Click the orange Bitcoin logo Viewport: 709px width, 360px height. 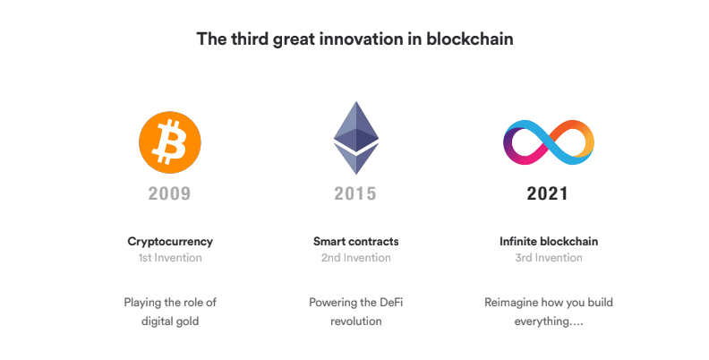pyautogui.click(x=170, y=142)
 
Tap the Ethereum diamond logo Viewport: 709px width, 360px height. pyautogui.click(x=356, y=138)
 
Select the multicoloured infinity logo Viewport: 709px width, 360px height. pyautogui.click(x=549, y=142)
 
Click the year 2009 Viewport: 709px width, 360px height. pyautogui.click(x=169, y=193)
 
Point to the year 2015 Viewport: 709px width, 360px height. pyautogui.click(x=355, y=193)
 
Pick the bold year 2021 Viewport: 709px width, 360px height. pyautogui.click(x=548, y=193)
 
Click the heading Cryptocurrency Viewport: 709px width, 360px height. pyautogui.click(x=170, y=242)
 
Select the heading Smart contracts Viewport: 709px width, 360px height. pyautogui.click(x=356, y=242)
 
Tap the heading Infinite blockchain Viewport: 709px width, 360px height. pyautogui.click(x=549, y=242)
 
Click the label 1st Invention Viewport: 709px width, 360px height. pyautogui.click(x=170, y=258)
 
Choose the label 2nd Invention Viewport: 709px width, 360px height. pyautogui.click(x=356, y=258)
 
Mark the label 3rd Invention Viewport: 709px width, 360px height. pyautogui.click(x=549, y=258)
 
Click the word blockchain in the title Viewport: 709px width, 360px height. pyautogui.click(x=470, y=39)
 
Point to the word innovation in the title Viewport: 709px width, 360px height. pyautogui.click(x=361, y=39)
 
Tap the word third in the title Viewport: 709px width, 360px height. pyautogui.click(x=250, y=39)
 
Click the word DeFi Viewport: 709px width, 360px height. pyautogui.click(x=391, y=302)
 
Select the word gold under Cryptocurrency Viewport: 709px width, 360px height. pyautogui.click(x=188, y=321)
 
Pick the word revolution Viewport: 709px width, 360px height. pyautogui.click(x=356, y=321)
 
